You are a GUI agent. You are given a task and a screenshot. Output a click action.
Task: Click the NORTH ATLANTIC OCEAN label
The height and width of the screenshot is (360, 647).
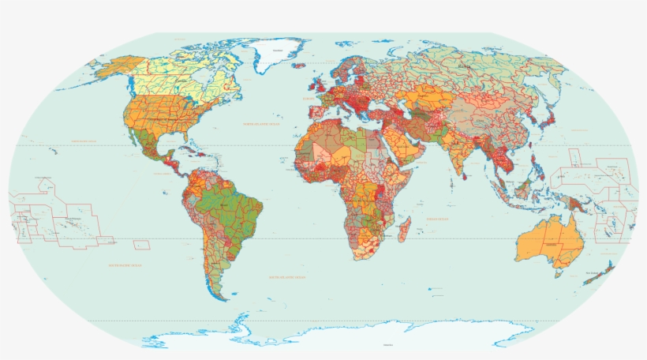(261, 124)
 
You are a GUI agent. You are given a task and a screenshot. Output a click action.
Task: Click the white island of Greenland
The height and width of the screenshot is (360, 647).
(277, 54)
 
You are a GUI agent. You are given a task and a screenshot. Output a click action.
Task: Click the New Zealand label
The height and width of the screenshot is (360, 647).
(593, 273)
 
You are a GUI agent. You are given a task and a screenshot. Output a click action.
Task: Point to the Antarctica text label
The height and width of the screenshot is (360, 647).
(387, 345)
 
